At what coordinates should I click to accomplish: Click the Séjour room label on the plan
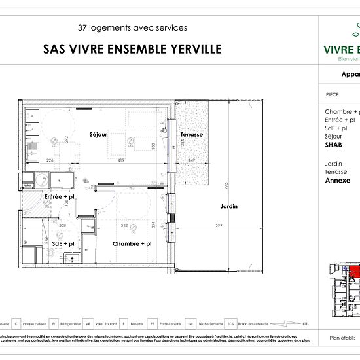pos(98,134)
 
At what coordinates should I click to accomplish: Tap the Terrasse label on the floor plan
pos(191,134)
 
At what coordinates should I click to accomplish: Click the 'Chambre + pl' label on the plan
pos(132,243)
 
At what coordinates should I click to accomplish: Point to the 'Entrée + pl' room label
pos(59,196)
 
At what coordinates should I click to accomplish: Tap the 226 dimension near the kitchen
pos(49,160)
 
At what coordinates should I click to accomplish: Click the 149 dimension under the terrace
pos(192,160)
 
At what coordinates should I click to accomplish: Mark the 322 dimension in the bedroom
pos(124,226)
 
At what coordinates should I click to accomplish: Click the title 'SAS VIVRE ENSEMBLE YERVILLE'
pos(132,49)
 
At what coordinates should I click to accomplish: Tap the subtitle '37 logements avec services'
pos(132,28)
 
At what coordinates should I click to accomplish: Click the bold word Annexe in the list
pos(336,180)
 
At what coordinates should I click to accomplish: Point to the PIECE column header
pos(332,94)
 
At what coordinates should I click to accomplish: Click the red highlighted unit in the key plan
pos(353,271)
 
